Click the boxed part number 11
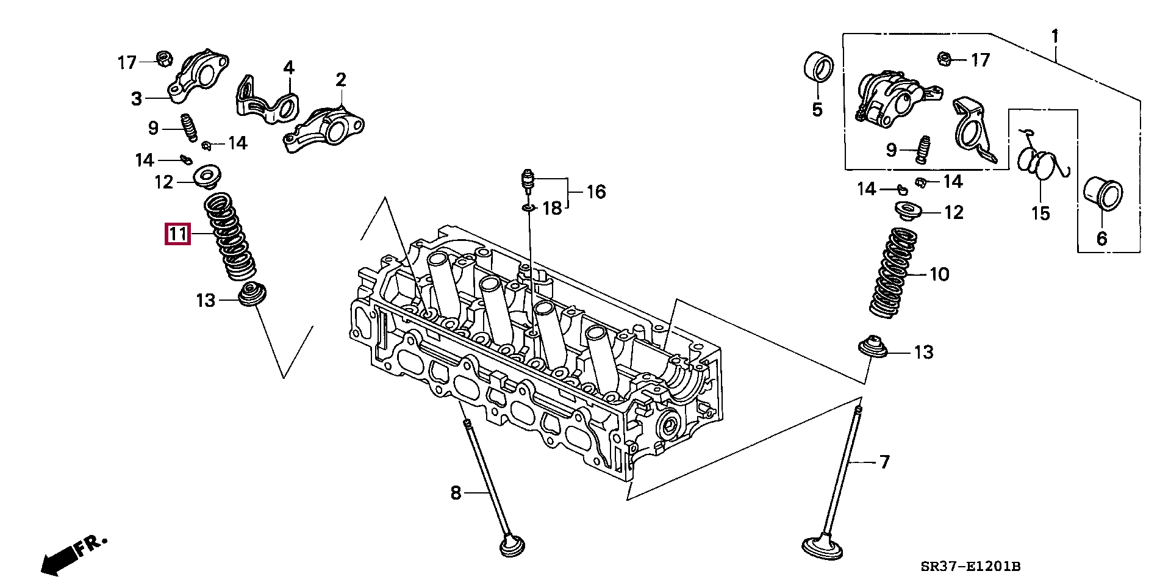[x=177, y=234]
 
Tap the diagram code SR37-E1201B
[x=970, y=567]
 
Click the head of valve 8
[x=513, y=545]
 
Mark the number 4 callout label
[x=288, y=67]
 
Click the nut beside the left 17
[x=163, y=59]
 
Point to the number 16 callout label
[x=595, y=192]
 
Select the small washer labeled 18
[x=528, y=209]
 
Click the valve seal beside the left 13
[x=249, y=295]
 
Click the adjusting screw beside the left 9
[x=188, y=127]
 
